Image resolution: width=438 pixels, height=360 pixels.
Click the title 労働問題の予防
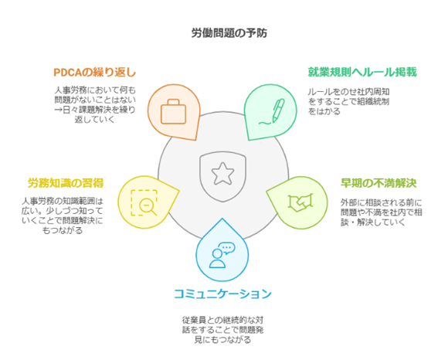click(229, 33)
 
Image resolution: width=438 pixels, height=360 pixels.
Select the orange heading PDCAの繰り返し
click(95, 73)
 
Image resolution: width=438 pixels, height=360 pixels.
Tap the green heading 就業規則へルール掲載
click(362, 72)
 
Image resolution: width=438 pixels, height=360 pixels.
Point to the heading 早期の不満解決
click(379, 183)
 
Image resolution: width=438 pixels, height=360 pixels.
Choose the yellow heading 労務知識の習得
click(66, 183)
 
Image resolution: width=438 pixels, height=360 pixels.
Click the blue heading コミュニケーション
click(222, 294)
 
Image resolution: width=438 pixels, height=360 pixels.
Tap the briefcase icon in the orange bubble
click(173, 111)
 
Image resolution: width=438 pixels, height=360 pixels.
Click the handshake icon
click(300, 202)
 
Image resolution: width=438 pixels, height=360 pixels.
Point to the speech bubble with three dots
click(226, 248)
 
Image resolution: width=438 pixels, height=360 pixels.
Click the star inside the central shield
click(222, 174)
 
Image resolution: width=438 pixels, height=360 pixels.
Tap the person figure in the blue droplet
click(217, 259)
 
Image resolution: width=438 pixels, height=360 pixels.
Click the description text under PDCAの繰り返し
click(95, 105)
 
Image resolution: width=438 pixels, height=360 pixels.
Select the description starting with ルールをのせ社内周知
click(348, 101)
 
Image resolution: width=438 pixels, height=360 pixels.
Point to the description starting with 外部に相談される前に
click(381, 212)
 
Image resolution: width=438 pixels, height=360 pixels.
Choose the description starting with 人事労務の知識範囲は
click(63, 216)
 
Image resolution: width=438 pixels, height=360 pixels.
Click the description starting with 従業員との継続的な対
click(222, 330)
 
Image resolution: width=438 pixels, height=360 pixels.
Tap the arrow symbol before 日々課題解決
click(58, 110)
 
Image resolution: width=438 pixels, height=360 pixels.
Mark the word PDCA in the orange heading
click(68, 73)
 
